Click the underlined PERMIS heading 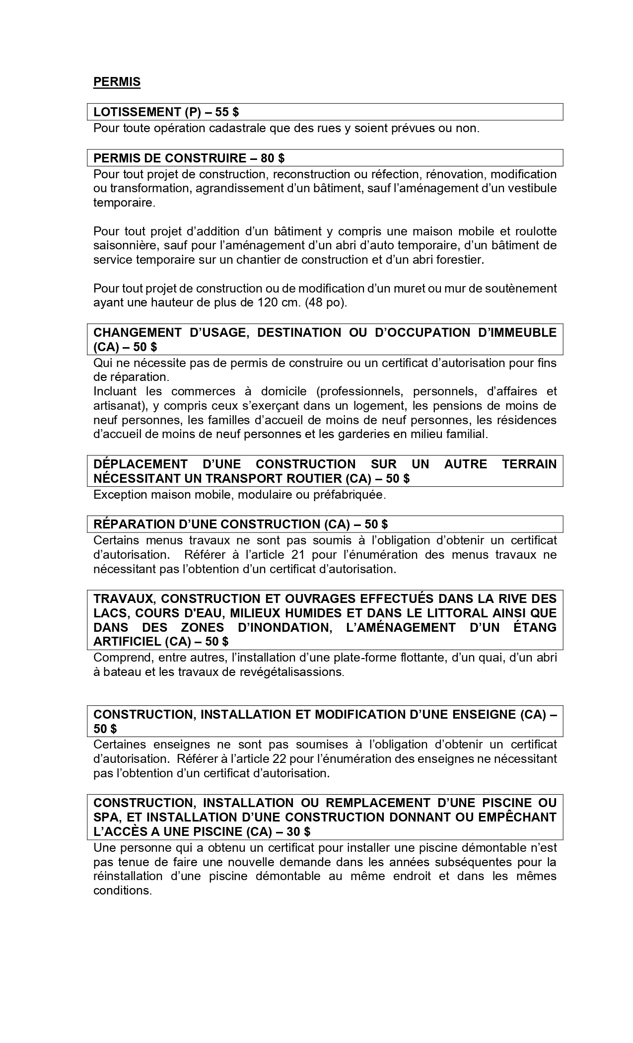(x=117, y=82)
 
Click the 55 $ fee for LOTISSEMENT (x=227, y=112)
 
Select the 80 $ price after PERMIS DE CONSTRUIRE (x=273, y=158)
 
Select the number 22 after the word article (x=280, y=759)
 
